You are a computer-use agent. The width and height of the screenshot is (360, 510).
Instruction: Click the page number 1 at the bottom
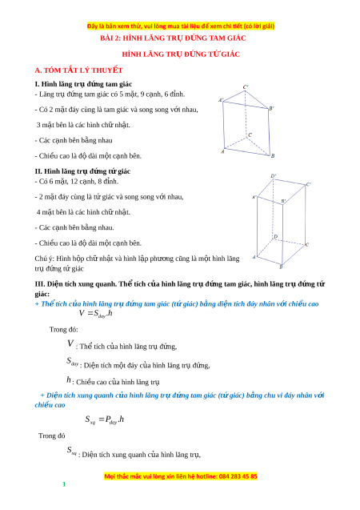(64, 484)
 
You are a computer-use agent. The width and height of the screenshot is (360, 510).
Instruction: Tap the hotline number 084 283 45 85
(238, 476)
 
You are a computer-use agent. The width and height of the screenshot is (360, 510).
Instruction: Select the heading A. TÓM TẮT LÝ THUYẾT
(78, 70)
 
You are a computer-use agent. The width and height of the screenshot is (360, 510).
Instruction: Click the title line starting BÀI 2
(173, 38)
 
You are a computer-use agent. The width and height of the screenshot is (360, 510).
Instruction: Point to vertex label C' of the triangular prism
(246, 86)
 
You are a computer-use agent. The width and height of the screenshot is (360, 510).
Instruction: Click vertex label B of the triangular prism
(273, 156)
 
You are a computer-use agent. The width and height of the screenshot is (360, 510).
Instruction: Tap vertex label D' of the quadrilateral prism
(274, 176)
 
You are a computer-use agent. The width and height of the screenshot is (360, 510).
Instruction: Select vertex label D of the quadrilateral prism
(275, 236)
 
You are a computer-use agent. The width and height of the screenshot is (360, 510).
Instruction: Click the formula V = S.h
(95, 314)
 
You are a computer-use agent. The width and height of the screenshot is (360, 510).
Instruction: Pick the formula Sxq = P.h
(104, 420)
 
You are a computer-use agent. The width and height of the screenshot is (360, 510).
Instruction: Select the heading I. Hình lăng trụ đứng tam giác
(83, 84)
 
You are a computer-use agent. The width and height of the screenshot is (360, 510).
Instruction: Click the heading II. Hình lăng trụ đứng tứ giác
(82, 171)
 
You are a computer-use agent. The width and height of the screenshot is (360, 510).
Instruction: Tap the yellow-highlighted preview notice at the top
(181, 26)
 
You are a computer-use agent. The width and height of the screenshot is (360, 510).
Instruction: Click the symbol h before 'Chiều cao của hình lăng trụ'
(69, 379)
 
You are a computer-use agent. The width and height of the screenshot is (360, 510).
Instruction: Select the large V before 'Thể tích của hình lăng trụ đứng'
(70, 343)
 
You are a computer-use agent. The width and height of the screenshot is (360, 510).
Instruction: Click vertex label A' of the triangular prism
(221, 100)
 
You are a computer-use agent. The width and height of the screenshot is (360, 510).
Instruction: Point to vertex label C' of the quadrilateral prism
(309, 184)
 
